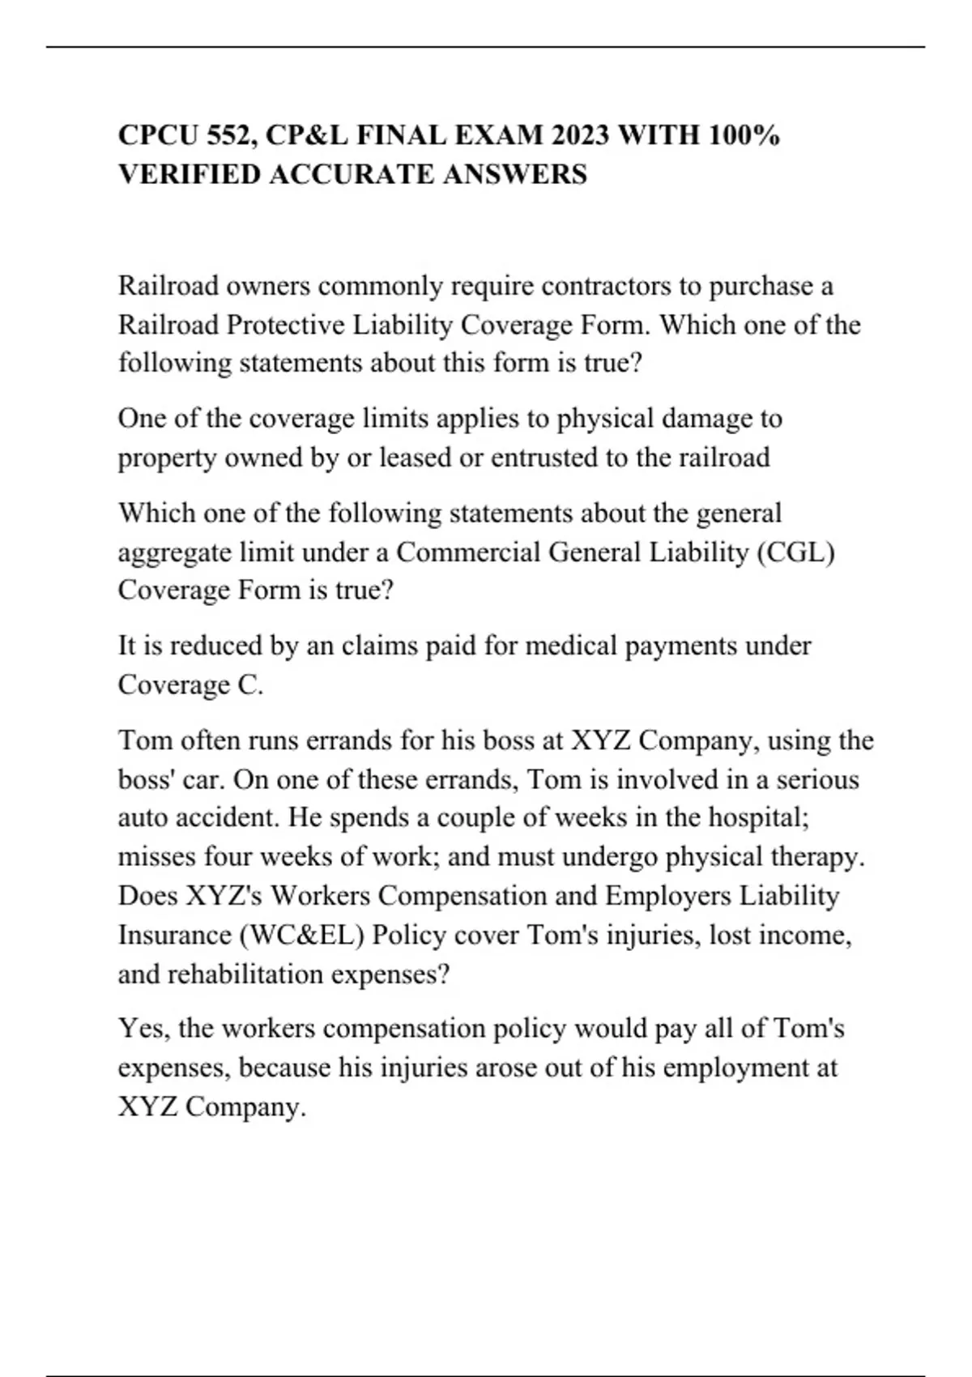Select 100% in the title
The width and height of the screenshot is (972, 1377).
[744, 135]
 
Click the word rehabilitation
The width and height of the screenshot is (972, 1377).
[248, 974]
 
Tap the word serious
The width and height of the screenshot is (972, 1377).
[817, 779]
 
